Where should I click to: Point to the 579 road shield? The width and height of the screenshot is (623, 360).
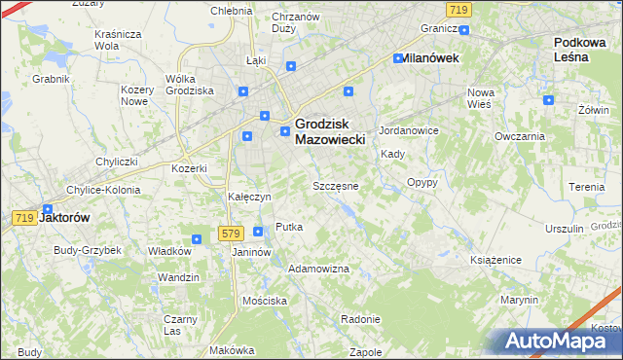[231, 233]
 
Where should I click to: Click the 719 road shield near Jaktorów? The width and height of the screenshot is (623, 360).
[24, 218]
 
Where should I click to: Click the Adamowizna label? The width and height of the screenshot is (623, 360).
[319, 268]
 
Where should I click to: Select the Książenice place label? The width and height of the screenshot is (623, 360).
[497, 260]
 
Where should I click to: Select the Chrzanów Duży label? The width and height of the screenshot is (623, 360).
[296, 23]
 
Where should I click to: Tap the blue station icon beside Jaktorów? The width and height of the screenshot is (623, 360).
[48, 207]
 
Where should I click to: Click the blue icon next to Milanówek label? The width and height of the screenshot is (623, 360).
[398, 58]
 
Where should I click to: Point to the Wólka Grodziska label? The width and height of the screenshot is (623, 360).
[190, 85]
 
